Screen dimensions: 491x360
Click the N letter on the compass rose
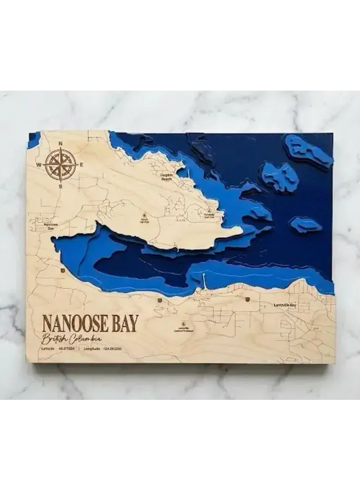coord(60,144)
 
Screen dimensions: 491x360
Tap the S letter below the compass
coord(60,187)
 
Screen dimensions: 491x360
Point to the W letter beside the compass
coord(39,164)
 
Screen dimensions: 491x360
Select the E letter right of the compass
coord(81,164)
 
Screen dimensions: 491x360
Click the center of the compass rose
coord(60,164)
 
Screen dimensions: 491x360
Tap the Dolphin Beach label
coord(167,177)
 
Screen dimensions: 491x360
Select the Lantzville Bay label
coord(285,305)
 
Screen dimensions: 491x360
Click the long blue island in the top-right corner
coord(308,150)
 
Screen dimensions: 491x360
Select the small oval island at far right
coord(305,224)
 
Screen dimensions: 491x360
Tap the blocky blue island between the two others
coord(280,176)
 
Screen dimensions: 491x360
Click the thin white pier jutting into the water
coord(203,280)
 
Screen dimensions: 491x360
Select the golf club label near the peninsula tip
coord(209,213)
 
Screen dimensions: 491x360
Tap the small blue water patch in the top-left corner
coord(34,139)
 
